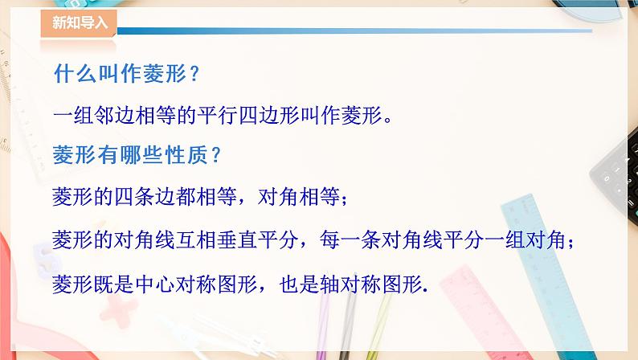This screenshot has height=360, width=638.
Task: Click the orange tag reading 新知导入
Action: (78, 22)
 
